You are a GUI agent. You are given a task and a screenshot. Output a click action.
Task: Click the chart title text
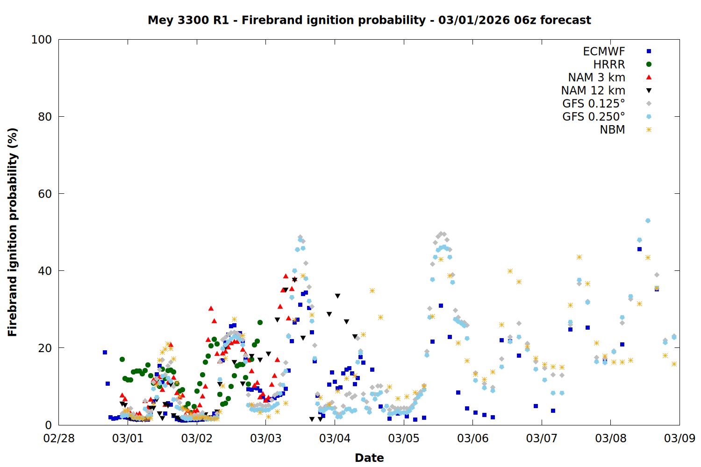pos(369,20)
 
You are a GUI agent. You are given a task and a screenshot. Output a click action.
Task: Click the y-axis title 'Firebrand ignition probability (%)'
pos(13,232)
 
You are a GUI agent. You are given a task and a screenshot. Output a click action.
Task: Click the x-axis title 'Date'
pos(369,458)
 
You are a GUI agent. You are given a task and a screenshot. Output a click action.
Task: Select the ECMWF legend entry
pos(604,51)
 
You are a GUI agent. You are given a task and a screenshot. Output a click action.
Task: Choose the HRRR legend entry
pos(609,64)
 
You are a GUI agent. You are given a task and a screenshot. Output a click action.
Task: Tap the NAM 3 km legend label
pos(596,78)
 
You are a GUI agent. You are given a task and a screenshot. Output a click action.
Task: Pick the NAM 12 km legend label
pos(593,91)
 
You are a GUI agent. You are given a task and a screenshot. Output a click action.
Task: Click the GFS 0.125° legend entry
pos(594,104)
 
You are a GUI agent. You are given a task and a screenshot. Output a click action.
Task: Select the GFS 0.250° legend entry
pos(594,117)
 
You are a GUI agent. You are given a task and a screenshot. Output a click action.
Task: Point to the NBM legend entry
pos(612,130)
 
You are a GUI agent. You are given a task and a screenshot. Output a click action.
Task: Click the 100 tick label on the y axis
pos(42,40)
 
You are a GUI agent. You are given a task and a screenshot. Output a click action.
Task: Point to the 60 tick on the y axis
pos(45,194)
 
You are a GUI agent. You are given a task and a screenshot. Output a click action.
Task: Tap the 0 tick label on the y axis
pos(48,425)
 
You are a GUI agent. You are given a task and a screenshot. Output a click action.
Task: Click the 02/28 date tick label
pos(59,439)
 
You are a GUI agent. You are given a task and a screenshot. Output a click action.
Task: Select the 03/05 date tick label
pos(404,439)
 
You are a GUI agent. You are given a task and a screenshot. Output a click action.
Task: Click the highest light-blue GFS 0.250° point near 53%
pos(648,220)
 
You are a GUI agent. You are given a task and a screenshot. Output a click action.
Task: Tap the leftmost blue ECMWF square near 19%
pos(105,352)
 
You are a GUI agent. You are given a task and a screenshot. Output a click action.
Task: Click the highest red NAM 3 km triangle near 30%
pos(211,308)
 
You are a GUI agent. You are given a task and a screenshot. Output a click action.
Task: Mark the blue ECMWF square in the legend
pos(649,51)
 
